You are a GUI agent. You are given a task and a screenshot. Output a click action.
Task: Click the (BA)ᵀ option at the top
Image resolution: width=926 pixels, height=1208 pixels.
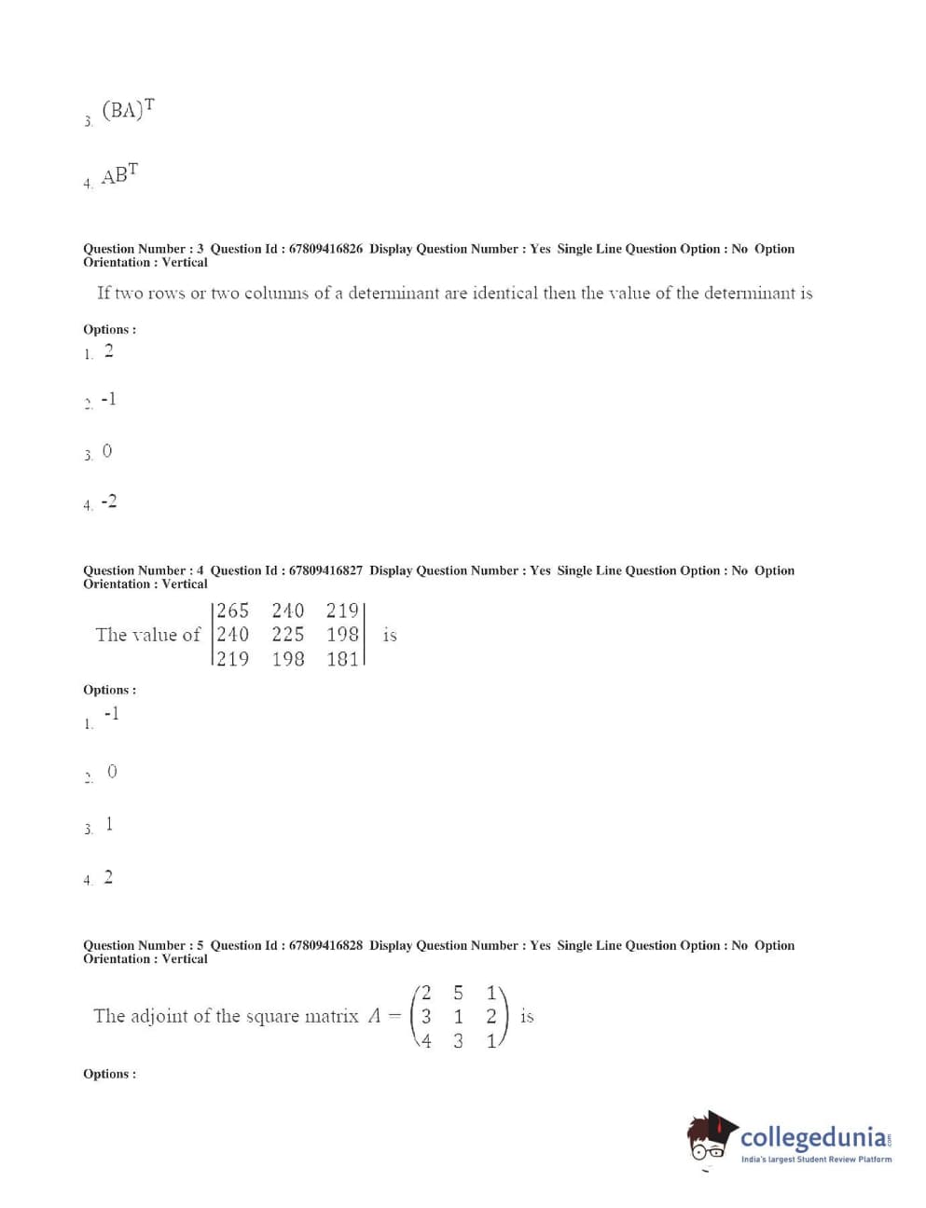click(x=128, y=110)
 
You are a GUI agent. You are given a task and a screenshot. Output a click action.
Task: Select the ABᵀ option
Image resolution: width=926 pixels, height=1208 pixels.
click(x=119, y=174)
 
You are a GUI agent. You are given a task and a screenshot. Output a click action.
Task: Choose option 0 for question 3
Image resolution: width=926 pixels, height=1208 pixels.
click(x=107, y=451)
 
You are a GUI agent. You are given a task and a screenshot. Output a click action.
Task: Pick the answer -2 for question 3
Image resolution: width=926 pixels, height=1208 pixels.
click(x=109, y=501)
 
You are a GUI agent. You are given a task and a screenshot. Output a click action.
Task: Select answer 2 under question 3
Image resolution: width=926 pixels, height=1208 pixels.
click(x=109, y=351)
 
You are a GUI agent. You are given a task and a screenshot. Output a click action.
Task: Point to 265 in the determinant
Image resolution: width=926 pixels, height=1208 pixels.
click(x=233, y=611)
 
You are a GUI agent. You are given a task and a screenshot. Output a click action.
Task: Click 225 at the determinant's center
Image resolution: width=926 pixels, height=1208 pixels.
click(x=288, y=635)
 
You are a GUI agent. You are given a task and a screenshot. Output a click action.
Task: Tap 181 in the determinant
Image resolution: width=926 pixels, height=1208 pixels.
click(x=342, y=659)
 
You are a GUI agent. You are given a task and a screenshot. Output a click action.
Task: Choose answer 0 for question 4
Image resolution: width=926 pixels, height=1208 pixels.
click(x=112, y=772)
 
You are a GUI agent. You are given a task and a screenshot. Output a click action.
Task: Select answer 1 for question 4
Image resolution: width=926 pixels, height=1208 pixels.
click(x=109, y=824)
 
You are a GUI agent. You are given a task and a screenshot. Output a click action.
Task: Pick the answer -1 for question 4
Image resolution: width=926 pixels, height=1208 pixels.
click(x=111, y=714)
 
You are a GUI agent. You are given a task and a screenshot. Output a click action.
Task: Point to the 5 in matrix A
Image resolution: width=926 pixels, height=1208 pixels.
click(x=458, y=994)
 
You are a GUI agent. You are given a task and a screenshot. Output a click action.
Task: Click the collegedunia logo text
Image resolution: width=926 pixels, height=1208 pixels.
click(x=814, y=1137)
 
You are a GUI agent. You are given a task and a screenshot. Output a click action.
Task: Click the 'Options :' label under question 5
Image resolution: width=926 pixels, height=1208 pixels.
click(x=109, y=1074)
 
